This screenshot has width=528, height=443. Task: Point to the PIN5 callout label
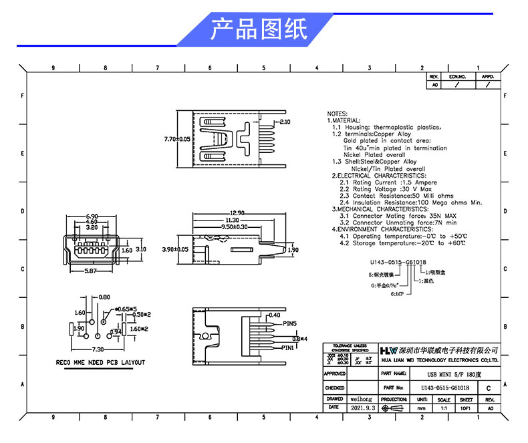(x=289, y=323)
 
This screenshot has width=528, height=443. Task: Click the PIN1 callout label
(x=289, y=348)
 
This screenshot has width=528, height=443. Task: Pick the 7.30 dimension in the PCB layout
(x=97, y=349)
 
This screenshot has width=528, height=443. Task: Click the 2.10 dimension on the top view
(x=284, y=122)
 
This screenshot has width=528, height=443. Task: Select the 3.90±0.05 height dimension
(x=176, y=249)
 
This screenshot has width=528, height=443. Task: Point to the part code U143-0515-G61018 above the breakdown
(x=398, y=263)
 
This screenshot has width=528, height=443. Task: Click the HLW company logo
(x=388, y=350)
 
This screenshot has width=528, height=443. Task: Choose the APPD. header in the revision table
(x=487, y=78)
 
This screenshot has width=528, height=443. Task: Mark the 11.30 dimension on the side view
(x=232, y=219)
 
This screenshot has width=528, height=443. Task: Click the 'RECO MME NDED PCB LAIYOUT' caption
(x=100, y=363)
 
